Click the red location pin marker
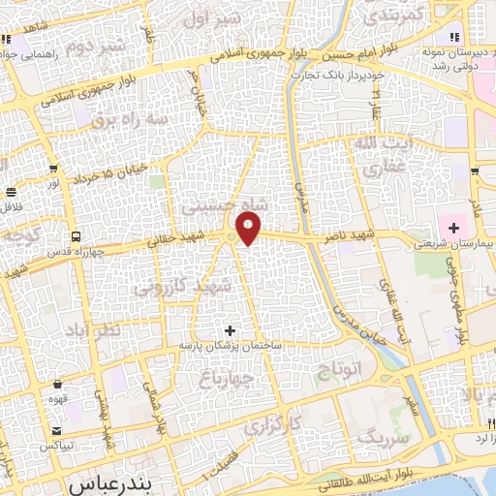(x=250, y=229)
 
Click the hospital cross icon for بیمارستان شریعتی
(x=453, y=227)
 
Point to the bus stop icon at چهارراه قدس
(x=76, y=235)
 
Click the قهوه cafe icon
(x=58, y=384)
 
